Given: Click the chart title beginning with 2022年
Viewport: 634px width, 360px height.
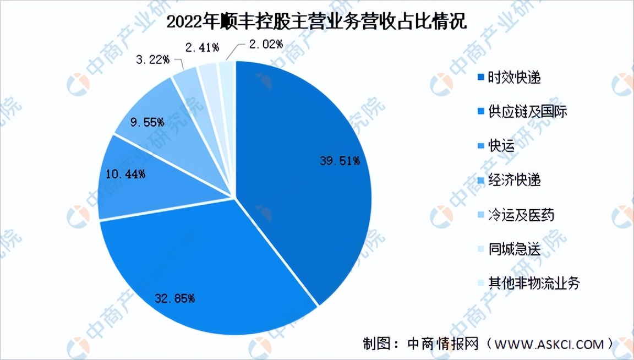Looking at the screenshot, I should (316, 22).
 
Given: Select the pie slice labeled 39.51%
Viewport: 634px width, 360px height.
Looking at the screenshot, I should (297, 182).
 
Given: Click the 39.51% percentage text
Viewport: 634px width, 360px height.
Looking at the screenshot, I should (340, 161).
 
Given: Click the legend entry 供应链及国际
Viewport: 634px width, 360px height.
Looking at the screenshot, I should (527, 112).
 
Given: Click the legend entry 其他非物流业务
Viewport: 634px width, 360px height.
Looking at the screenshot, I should (533, 283).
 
